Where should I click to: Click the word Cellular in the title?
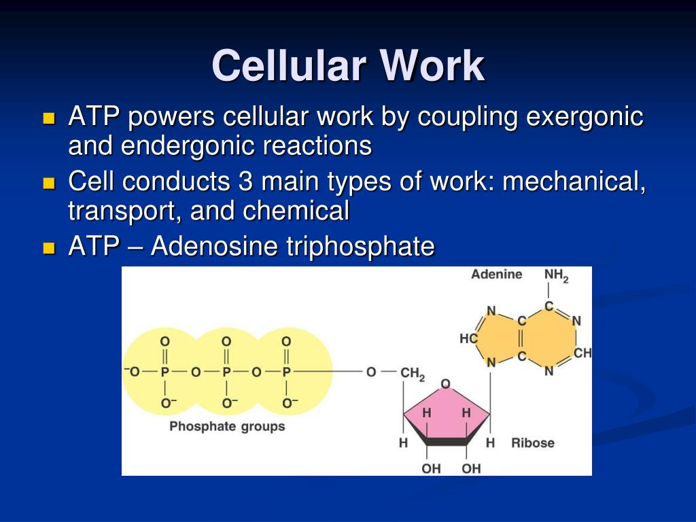(x=288, y=67)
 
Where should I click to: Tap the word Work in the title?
(x=433, y=67)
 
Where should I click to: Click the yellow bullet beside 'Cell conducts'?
(x=48, y=183)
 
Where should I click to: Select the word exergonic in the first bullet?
(x=585, y=117)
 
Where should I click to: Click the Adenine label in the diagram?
(x=497, y=275)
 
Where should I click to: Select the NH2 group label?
(x=556, y=275)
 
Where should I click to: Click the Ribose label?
(x=533, y=443)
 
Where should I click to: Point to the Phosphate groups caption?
(x=227, y=427)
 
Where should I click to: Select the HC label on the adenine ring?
(x=468, y=338)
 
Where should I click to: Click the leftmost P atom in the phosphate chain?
(x=164, y=372)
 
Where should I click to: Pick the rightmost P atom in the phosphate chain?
(x=286, y=372)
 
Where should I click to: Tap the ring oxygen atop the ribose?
(x=446, y=385)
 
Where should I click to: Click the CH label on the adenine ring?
(x=582, y=353)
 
